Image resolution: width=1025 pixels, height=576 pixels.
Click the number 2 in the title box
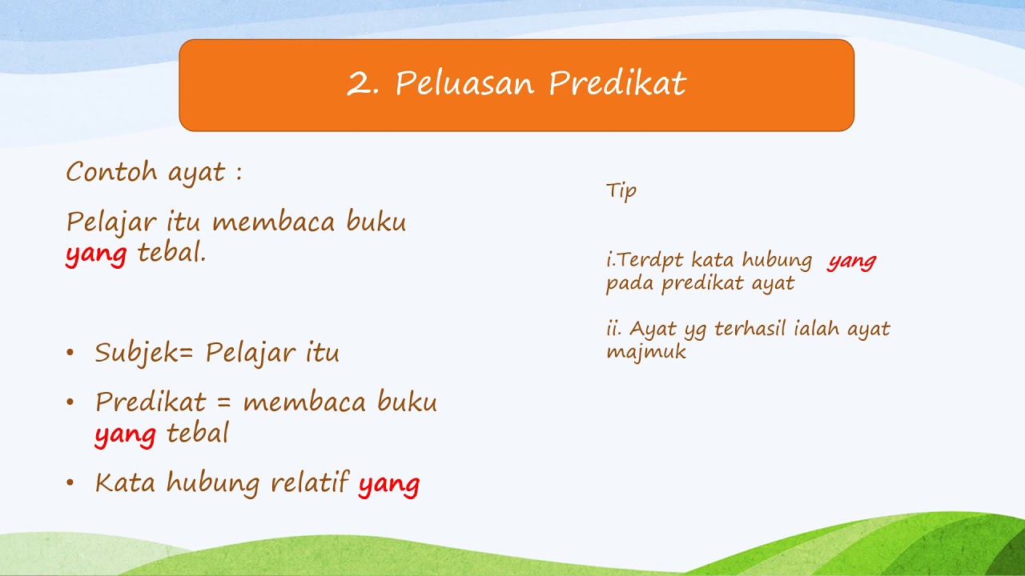tap(358, 84)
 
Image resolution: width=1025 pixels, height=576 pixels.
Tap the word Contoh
tap(111, 172)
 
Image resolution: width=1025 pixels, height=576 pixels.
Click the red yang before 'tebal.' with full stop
tap(96, 254)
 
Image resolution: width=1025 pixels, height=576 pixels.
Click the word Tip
tap(621, 191)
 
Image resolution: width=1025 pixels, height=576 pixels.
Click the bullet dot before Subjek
tap(70, 353)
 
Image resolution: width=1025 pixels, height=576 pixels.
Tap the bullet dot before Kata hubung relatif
tap(70, 482)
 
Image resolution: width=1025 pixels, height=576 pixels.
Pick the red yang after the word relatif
tap(388, 484)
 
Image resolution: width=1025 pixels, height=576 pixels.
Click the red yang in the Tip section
tap(852, 261)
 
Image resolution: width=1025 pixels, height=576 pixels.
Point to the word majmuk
tap(646, 352)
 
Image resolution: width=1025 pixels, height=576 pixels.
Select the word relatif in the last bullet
tap(309, 482)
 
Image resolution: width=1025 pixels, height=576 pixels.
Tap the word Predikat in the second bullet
tap(151, 402)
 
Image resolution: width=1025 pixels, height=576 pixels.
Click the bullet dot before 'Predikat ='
tap(70, 402)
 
